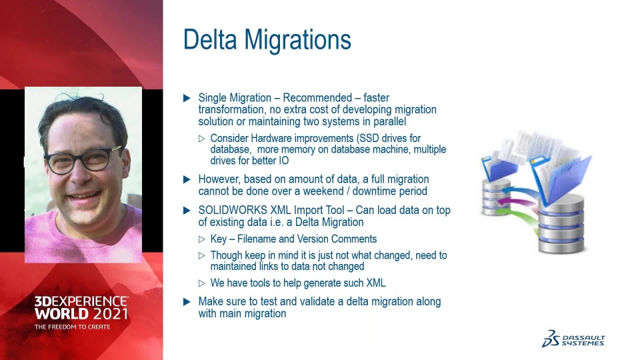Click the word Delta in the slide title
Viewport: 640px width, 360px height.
tap(210, 39)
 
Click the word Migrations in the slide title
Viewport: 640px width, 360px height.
tap(297, 40)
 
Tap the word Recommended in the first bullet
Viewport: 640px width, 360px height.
tap(317, 98)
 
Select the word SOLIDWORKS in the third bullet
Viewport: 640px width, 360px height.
tap(233, 210)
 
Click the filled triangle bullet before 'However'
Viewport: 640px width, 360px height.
tap(187, 179)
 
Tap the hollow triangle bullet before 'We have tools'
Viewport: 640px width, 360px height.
tap(201, 283)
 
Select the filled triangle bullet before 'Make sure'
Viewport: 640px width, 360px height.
tap(187, 302)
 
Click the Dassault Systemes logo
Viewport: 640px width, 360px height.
tap(573, 339)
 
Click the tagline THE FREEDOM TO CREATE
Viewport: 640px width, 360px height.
tap(72, 327)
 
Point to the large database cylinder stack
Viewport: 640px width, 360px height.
tap(561, 224)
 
